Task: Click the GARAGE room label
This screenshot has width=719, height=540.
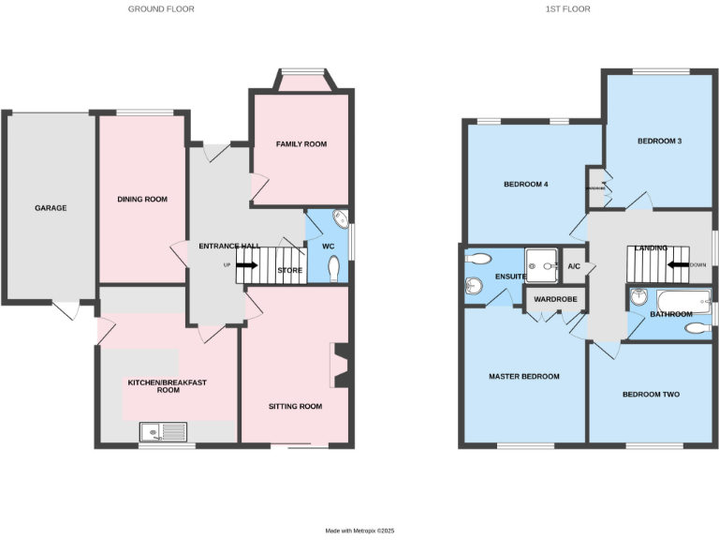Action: (x=51, y=208)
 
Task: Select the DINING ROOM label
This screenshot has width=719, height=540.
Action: (x=142, y=199)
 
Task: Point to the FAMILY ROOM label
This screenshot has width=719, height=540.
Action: (x=301, y=143)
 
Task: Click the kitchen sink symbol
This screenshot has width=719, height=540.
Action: (x=163, y=431)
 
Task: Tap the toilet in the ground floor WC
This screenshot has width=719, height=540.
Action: (x=335, y=268)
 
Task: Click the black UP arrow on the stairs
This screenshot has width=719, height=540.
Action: (x=246, y=265)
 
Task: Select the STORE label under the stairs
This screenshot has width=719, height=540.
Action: (x=289, y=271)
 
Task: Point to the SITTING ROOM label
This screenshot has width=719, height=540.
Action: (x=295, y=406)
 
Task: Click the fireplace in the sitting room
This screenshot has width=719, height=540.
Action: (x=342, y=366)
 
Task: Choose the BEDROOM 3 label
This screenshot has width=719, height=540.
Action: (x=659, y=142)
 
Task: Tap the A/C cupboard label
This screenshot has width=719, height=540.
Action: (x=574, y=266)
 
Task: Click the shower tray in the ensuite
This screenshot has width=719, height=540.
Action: (x=540, y=265)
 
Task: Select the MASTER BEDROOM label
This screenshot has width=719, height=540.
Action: (x=523, y=376)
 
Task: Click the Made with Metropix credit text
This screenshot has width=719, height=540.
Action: (x=360, y=531)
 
